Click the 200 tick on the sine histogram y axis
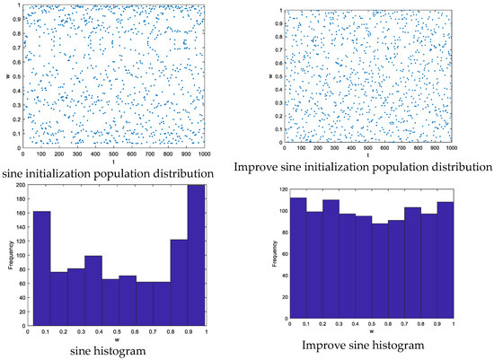click(x=25, y=185)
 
